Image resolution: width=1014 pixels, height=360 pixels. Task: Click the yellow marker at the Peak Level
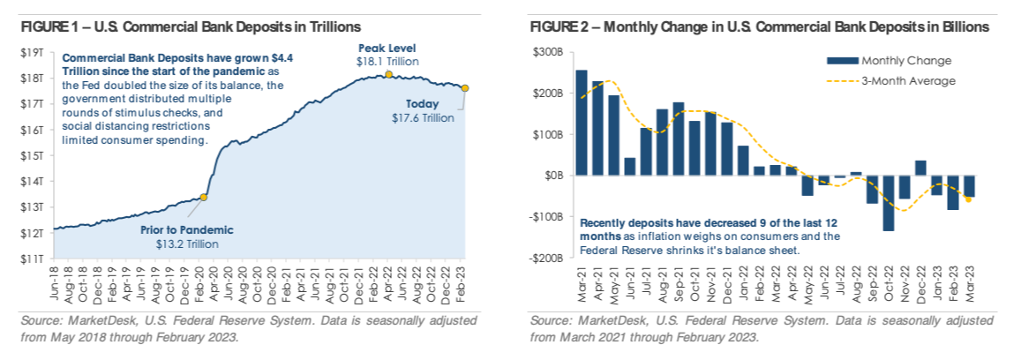click(387, 75)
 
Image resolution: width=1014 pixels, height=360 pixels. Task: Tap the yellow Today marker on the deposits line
click(465, 88)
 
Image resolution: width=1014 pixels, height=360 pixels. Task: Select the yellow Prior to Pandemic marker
click(204, 197)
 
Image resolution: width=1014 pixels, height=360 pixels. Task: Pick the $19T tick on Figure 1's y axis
click(33, 53)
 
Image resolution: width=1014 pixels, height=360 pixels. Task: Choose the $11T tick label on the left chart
click(33, 259)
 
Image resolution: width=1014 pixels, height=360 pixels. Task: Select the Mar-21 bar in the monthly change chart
click(582, 123)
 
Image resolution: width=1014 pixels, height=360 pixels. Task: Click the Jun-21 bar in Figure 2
click(630, 167)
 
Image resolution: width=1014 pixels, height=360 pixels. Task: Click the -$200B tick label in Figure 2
click(550, 259)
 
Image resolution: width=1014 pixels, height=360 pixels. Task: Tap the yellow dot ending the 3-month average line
click(968, 199)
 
